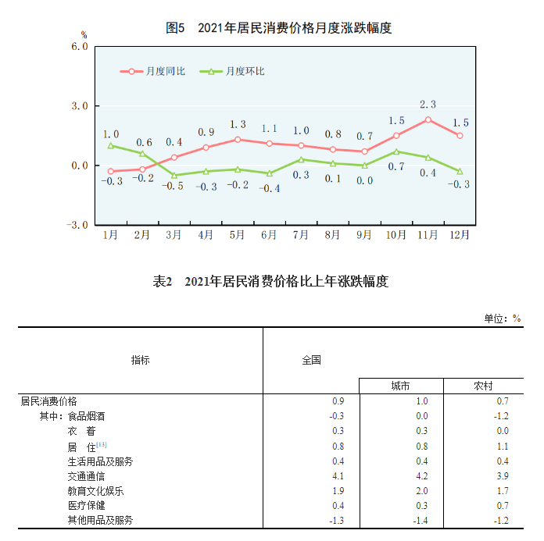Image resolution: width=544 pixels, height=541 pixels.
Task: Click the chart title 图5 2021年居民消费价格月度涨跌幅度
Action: pos(278,28)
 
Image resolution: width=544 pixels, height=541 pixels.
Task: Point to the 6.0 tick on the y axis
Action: pos(79,46)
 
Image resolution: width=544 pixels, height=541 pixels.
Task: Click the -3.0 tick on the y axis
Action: pos(77,225)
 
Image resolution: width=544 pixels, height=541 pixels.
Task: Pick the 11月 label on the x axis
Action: pos(428,234)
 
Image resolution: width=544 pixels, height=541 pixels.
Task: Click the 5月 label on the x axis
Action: pos(238,234)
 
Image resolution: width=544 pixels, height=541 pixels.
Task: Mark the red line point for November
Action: pos(428,119)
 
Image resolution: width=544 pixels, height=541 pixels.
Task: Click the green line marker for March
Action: pos(174,176)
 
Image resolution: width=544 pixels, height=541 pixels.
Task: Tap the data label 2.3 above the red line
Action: pos(428,104)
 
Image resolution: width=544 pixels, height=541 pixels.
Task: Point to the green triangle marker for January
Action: pos(111,145)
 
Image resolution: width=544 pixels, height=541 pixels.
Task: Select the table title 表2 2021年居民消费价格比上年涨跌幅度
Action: pos(270,282)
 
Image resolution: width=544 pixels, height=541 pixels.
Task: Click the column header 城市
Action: pos(401,386)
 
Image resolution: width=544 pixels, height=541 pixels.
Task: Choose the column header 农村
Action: pos(483,386)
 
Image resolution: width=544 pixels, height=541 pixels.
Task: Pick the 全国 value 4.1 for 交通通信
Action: pos(338,475)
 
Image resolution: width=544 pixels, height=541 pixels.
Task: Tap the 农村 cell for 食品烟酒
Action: pos(503,416)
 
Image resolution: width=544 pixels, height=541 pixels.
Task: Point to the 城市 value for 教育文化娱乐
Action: pos(422,490)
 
